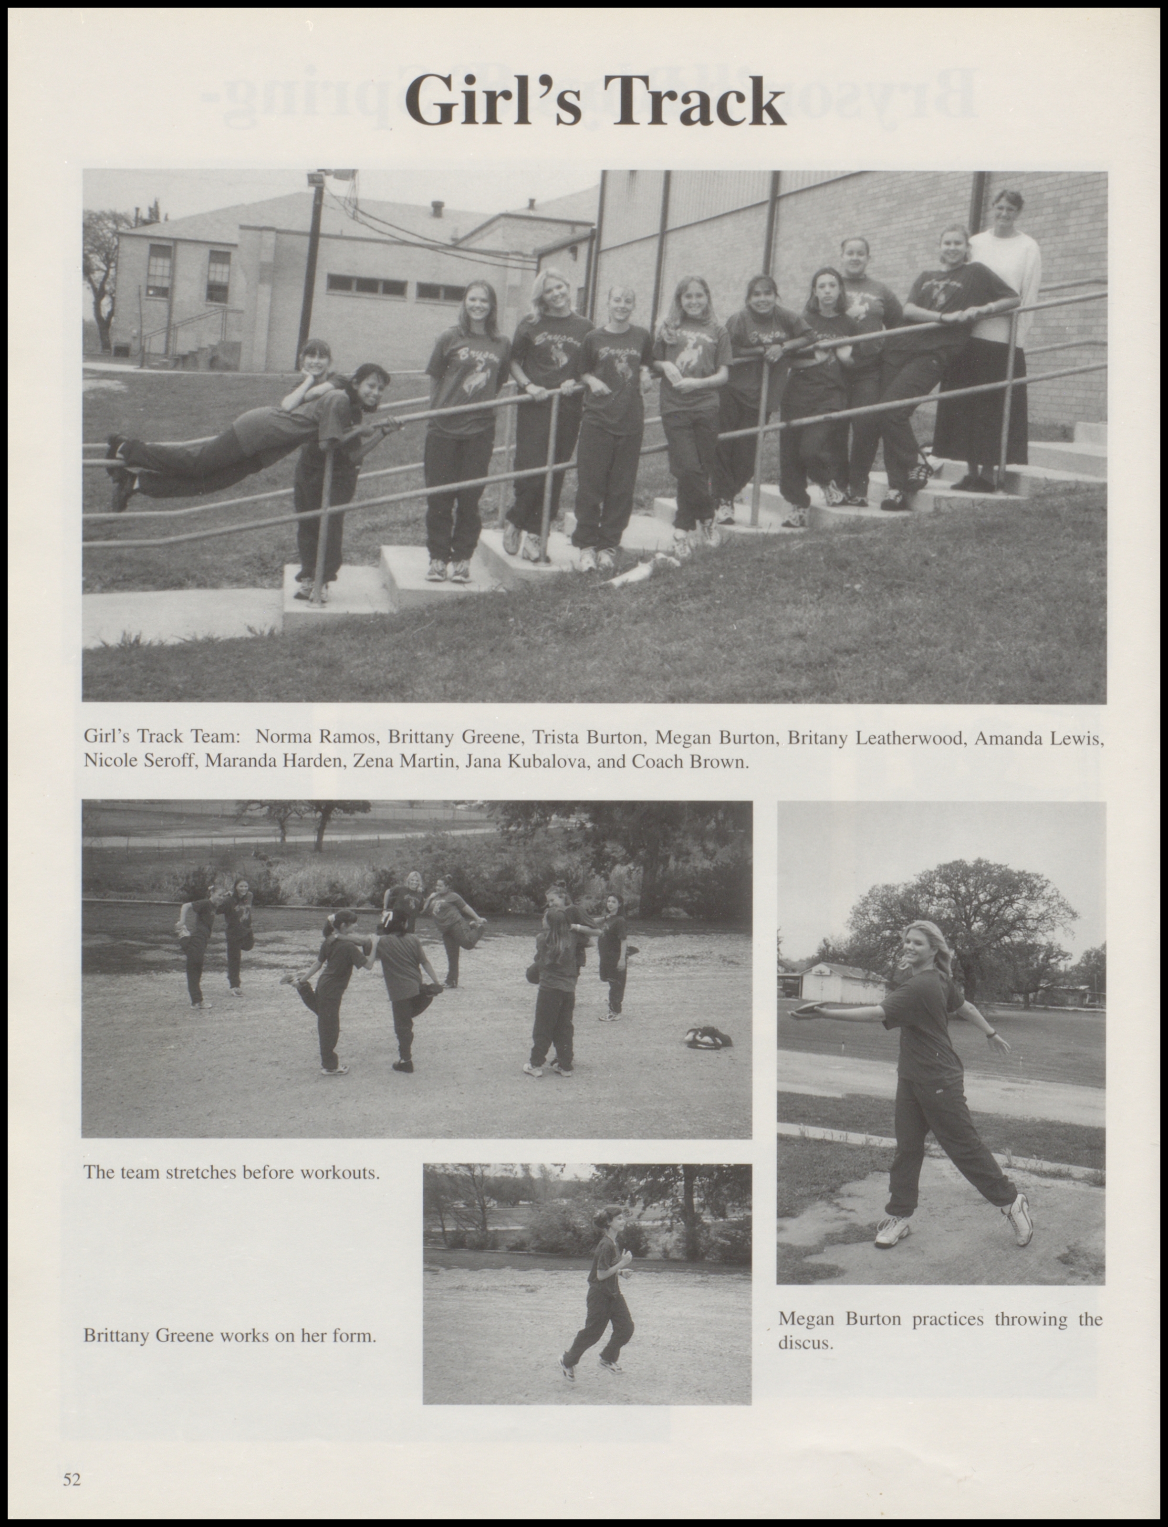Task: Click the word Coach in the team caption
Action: pos(657,762)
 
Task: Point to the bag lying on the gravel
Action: pos(708,1038)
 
